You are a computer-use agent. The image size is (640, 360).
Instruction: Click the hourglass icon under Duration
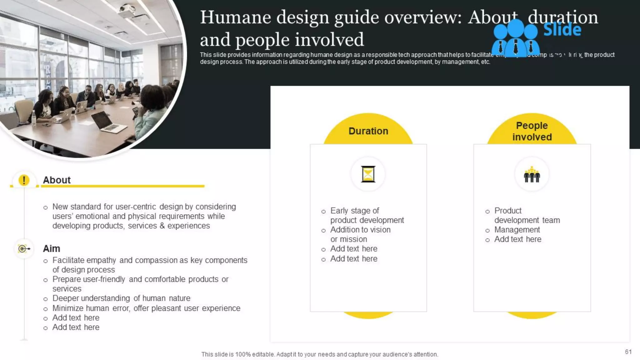(x=368, y=174)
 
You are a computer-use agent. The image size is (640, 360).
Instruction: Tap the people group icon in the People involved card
(x=532, y=175)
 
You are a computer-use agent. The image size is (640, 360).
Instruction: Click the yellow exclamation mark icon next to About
(x=24, y=180)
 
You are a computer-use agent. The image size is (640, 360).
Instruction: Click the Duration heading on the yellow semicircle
(x=368, y=131)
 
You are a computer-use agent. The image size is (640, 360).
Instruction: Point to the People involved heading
(x=532, y=131)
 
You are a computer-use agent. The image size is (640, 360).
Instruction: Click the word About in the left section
(x=57, y=180)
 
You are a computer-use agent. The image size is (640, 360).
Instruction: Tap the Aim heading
(x=51, y=248)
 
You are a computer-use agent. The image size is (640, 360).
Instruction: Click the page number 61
(x=628, y=352)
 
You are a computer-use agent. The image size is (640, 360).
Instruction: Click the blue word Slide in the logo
(x=562, y=30)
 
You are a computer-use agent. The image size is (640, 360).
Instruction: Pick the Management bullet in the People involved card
(x=517, y=230)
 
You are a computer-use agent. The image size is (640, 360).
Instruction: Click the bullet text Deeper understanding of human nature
(x=121, y=298)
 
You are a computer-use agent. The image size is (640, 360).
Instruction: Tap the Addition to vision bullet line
(x=360, y=230)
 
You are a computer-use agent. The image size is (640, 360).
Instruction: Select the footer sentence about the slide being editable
(x=319, y=354)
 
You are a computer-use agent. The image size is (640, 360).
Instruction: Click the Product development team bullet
(x=527, y=215)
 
